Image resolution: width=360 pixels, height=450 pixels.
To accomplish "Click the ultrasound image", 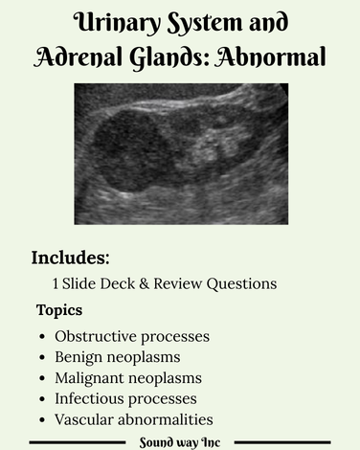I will coord(181,153).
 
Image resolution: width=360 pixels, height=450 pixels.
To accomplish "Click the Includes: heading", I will coord(71,258).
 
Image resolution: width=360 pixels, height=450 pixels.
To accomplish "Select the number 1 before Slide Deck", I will coord(56,283).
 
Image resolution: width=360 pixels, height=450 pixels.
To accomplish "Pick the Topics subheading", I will coord(59,310).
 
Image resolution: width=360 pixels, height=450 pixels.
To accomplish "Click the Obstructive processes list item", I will coord(132,336).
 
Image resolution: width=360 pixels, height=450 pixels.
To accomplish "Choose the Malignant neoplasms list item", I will coord(128,378).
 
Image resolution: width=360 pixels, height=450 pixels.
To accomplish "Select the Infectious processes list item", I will coord(125,398).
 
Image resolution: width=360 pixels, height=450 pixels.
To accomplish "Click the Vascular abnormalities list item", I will coord(133,419).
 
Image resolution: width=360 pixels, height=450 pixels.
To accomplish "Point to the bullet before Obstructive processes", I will coord(41,337).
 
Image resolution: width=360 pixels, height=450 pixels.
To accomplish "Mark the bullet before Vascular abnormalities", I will coord(41,420).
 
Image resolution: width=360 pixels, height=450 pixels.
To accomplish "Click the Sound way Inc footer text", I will coord(179,442).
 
